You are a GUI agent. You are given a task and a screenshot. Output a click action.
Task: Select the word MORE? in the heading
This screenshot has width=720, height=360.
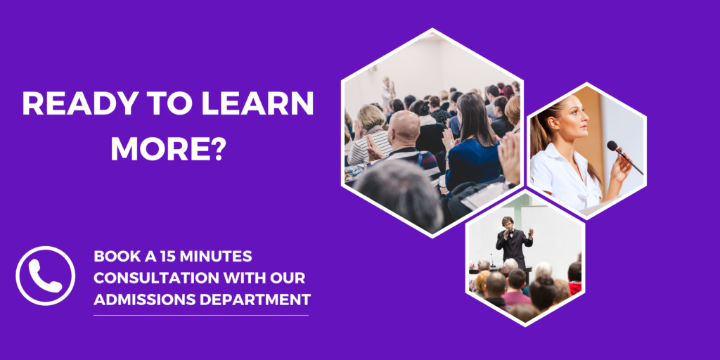[167, 148]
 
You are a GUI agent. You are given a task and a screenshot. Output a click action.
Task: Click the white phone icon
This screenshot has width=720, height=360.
[46, 276]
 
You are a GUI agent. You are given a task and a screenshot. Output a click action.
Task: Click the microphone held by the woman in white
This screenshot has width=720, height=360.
[625, 157]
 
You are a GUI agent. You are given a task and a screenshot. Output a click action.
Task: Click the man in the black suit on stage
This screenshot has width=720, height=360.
[513, 243]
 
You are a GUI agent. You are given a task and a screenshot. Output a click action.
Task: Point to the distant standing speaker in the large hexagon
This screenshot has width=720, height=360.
[387, 93]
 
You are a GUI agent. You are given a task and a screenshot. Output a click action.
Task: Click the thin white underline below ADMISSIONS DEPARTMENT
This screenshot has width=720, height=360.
[201, 315]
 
